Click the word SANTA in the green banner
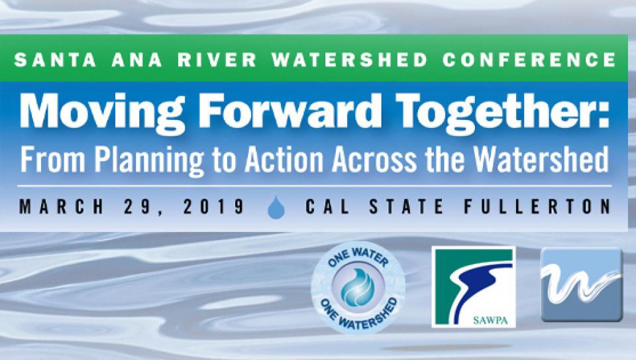pos(56,60)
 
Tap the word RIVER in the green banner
pos(217,60)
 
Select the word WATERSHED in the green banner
pos(350,60)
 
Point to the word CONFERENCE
pos(529,60)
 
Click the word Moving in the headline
pos(102,113)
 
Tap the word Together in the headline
pos(497,113)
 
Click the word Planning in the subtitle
pos(149,160)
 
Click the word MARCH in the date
pos(62,207)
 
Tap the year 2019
pos(213,207)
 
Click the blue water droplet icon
pos(276,208)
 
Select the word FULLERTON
pos(537,207)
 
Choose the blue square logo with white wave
pos(582,284)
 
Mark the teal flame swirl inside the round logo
pos(357,287)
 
